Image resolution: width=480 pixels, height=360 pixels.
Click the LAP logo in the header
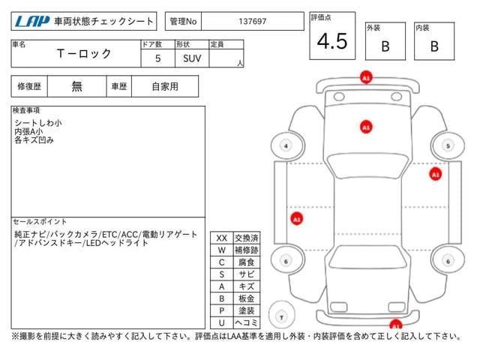[31, 21]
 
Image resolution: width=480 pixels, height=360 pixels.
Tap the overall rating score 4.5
[332, 41]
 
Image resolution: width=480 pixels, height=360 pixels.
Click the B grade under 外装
[385, 46]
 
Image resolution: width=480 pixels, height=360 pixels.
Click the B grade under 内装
[434, 46]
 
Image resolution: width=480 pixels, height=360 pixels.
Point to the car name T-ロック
[84, 53]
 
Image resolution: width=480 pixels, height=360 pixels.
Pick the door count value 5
[157, 58]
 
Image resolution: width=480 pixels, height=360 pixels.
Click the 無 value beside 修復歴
[77, 86]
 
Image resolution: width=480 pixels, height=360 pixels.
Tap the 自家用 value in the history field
[165, 86]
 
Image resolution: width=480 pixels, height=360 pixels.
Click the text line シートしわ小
[38, 121]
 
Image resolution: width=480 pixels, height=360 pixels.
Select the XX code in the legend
[221, 238]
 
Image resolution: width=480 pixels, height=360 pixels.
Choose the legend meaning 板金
[246, 298]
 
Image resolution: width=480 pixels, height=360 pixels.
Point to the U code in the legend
[221, 322]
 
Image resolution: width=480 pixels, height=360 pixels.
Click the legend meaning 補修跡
[246, 250]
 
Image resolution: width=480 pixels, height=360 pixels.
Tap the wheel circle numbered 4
[285, 145]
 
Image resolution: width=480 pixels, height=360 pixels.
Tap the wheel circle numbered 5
[447, 145]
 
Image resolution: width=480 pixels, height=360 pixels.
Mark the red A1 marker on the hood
[365, 127]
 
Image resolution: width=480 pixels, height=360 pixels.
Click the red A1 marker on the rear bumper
[394, 325]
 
